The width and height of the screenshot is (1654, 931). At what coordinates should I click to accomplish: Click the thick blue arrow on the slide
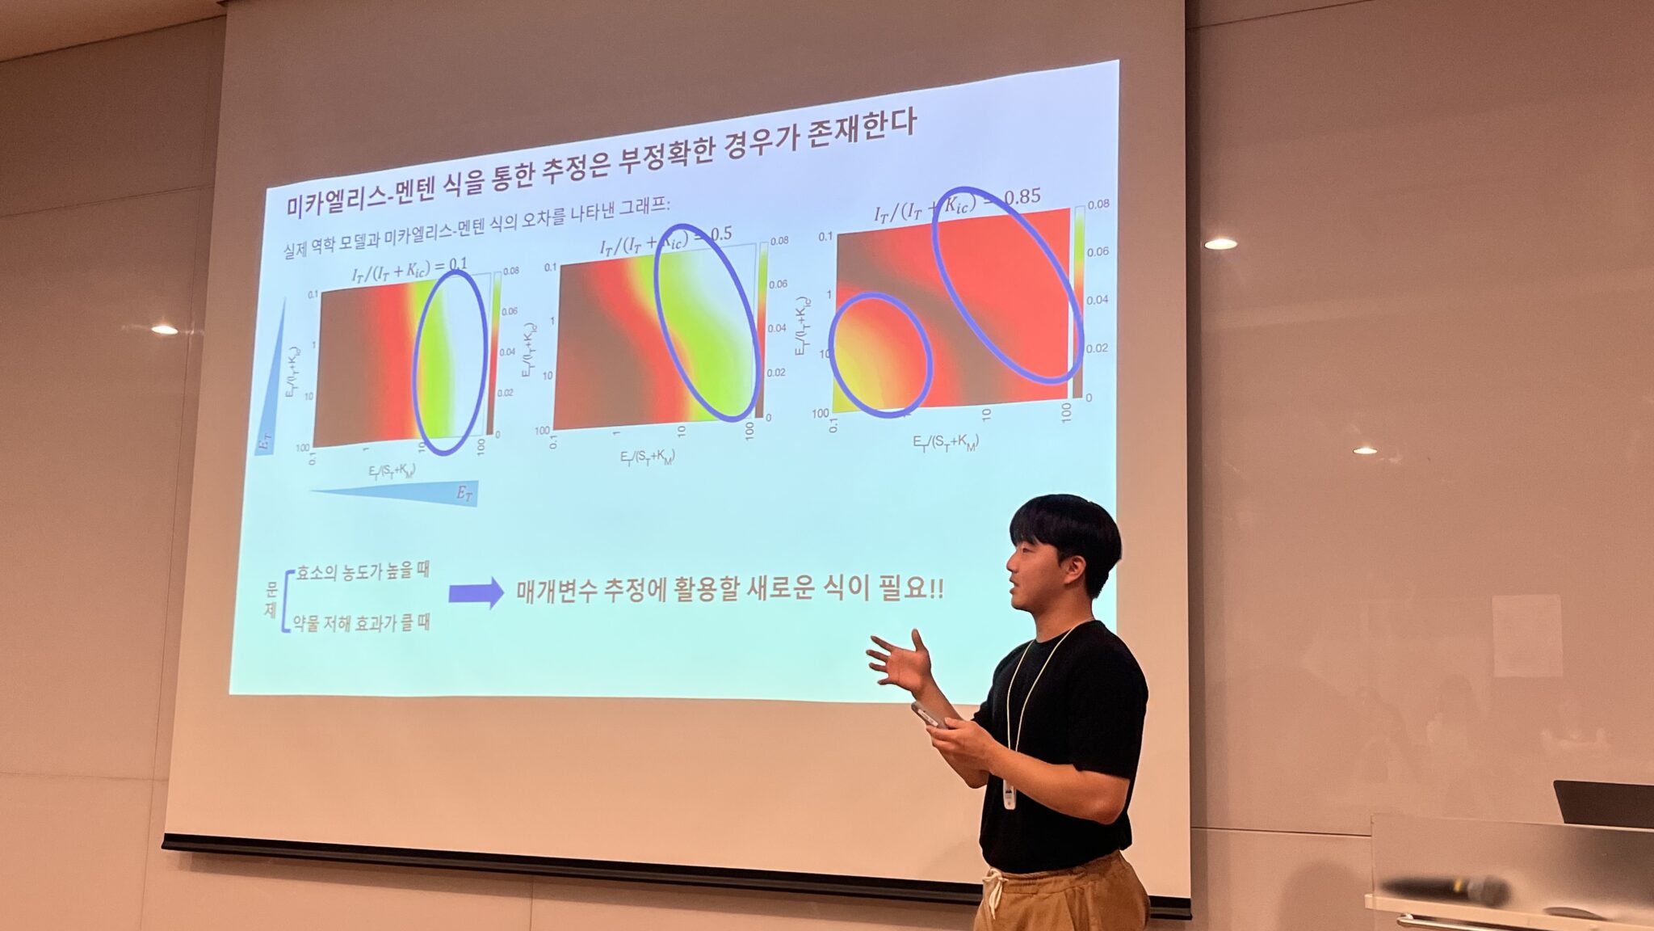tap(476, 593)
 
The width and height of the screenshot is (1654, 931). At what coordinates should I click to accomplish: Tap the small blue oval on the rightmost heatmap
tap(880, 356)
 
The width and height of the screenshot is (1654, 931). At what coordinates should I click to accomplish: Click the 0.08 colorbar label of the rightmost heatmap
tap(1098, 204)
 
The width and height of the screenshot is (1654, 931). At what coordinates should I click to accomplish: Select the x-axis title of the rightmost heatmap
tap(945, 442)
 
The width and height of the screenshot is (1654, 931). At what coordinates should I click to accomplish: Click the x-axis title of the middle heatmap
tap(647, 457)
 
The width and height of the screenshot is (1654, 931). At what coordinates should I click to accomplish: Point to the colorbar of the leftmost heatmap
tap(491, 356)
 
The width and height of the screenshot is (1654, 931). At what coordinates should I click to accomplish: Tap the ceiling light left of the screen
tap(164, 329)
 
